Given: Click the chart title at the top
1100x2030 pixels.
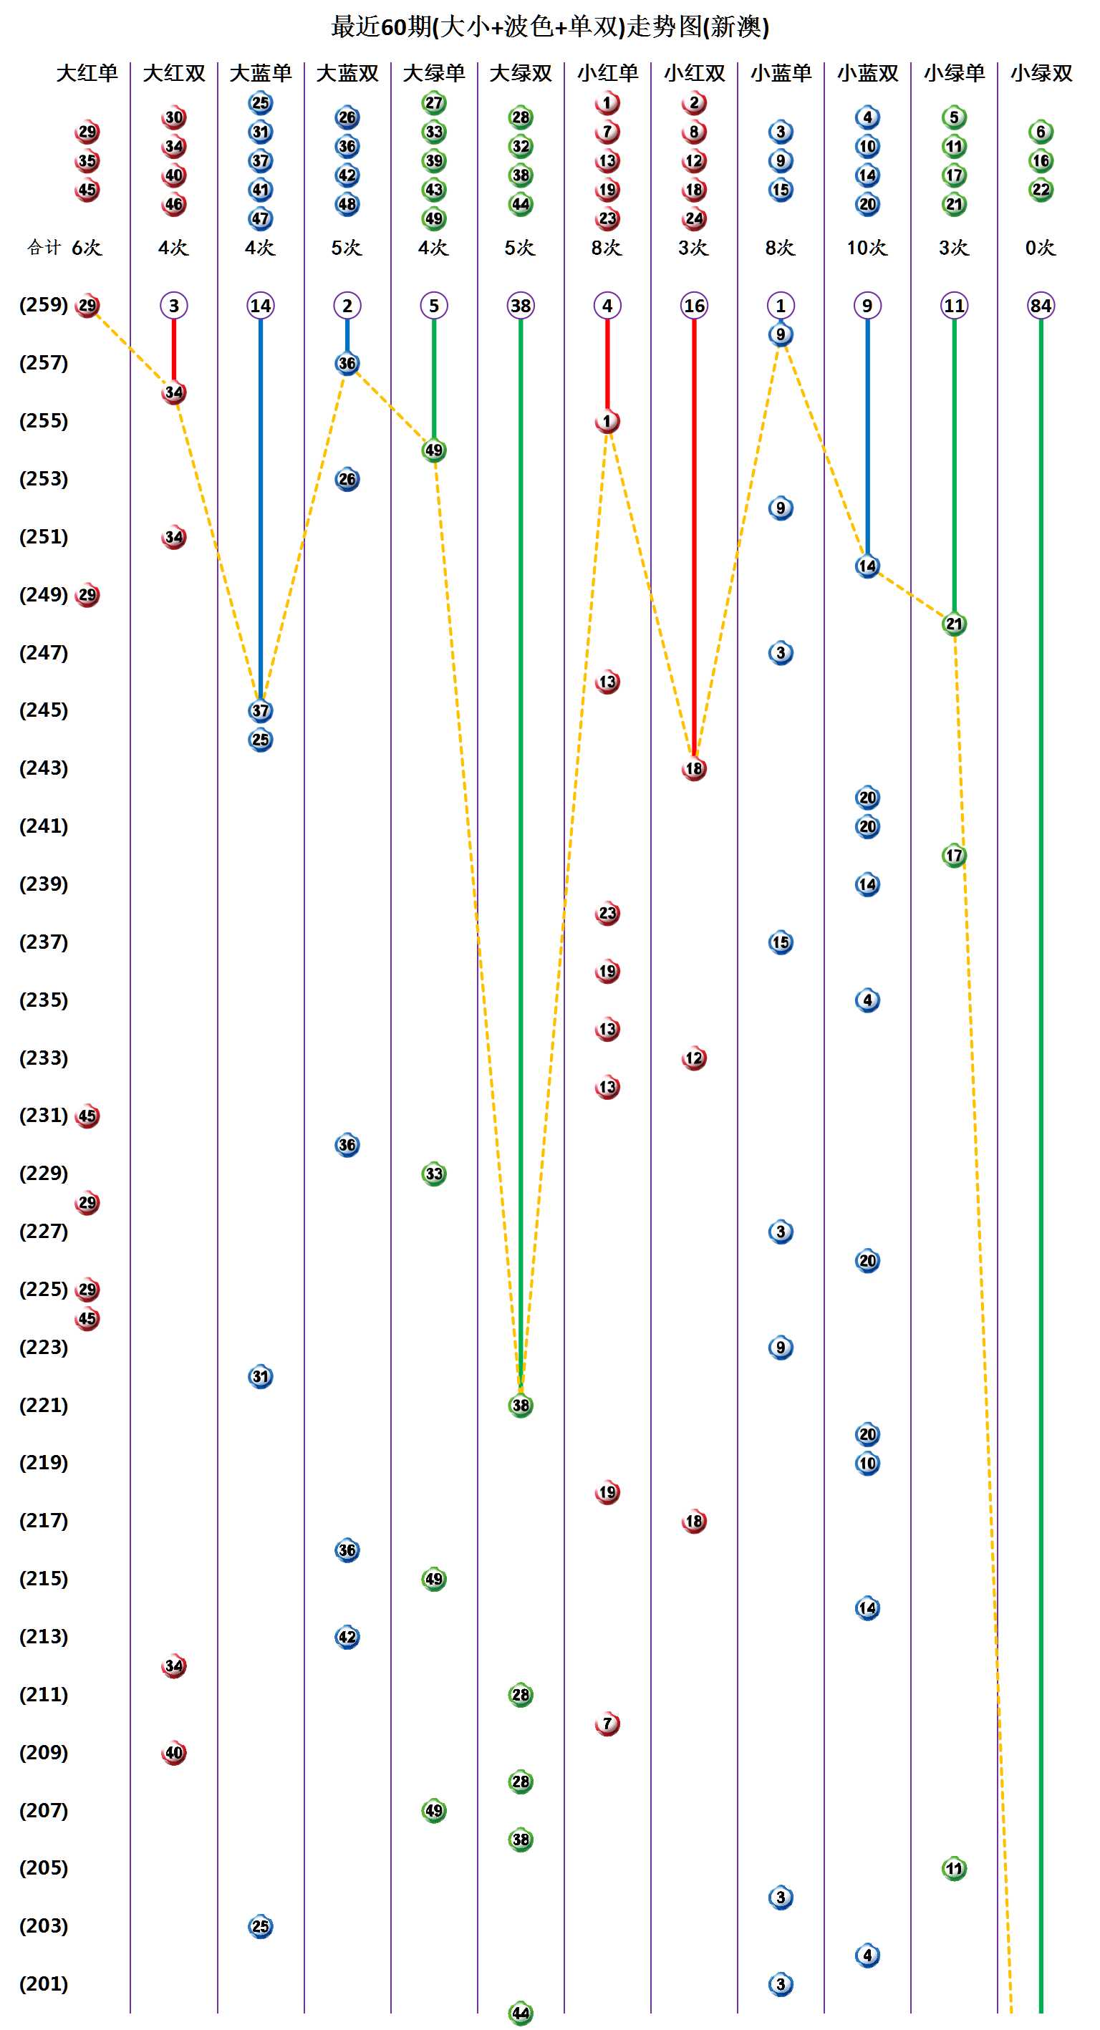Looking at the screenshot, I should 550,26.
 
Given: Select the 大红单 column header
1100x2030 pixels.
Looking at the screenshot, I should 87,73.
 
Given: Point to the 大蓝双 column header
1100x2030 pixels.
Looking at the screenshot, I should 347,73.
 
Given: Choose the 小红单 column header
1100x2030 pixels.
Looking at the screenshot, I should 607,73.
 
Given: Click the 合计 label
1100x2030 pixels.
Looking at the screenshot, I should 44,248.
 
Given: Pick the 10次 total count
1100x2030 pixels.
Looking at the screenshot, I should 867,248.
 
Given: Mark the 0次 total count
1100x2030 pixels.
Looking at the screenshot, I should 1040,248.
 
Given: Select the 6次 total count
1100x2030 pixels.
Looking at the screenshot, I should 87,248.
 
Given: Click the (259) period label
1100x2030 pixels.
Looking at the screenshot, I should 44,305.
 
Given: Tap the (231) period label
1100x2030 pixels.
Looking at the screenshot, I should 44,1115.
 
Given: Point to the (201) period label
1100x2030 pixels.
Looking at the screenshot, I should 44,1983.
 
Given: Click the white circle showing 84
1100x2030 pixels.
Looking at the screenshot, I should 1041,306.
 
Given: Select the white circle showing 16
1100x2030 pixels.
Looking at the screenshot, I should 694,306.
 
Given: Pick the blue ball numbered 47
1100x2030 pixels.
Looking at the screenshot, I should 261,218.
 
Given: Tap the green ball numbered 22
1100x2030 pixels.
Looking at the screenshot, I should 1041,190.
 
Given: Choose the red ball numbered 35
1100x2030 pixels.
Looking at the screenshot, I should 87,161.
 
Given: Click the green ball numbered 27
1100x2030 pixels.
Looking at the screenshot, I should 434,103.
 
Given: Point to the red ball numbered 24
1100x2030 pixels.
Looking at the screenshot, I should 694,218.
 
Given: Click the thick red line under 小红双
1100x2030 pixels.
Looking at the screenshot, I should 694,536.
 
